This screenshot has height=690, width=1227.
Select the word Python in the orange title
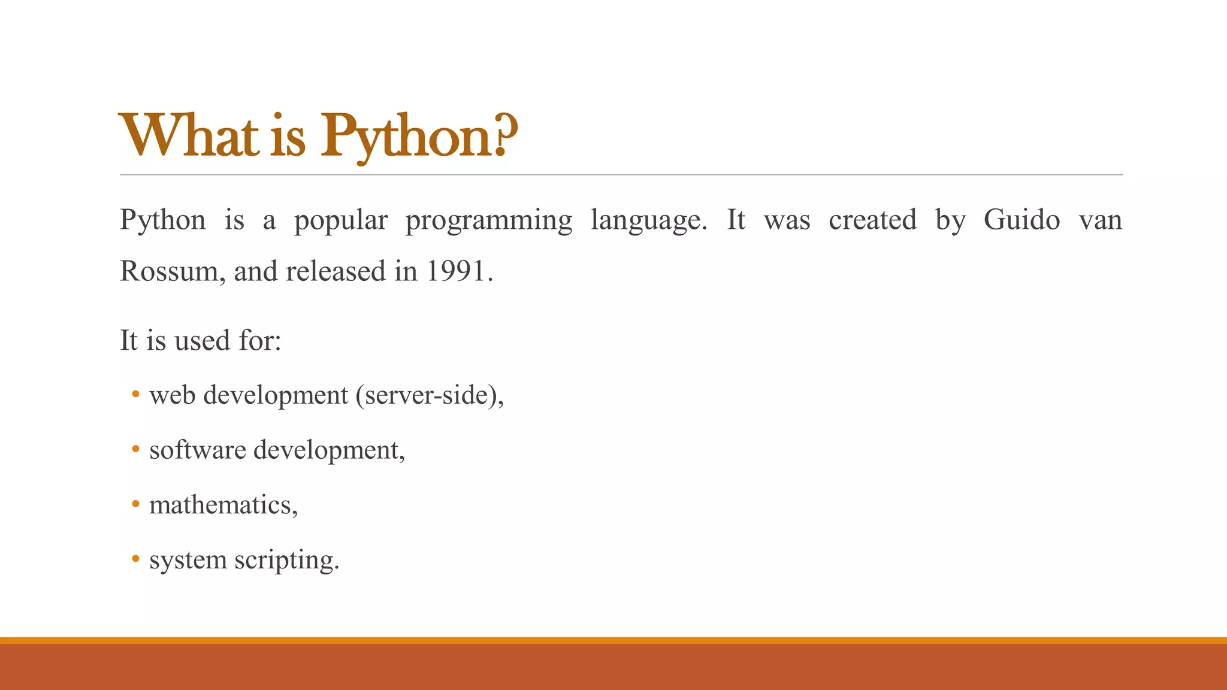pyautogui.click(x=407, y=138)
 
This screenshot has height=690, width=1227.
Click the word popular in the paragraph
pyautogui.click(x=341, y=220)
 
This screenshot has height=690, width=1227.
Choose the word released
pyautogui.click(x=336, y=271)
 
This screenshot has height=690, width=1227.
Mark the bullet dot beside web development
pyautogui.click(x=136, y=394)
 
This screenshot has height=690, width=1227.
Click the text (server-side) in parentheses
pyautogui.click(x=429, y=396)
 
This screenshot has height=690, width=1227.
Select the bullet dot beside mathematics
pyautogui.click(x=136, y=504)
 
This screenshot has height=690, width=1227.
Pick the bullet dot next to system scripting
pyautogui.click(x=136, y=559)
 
